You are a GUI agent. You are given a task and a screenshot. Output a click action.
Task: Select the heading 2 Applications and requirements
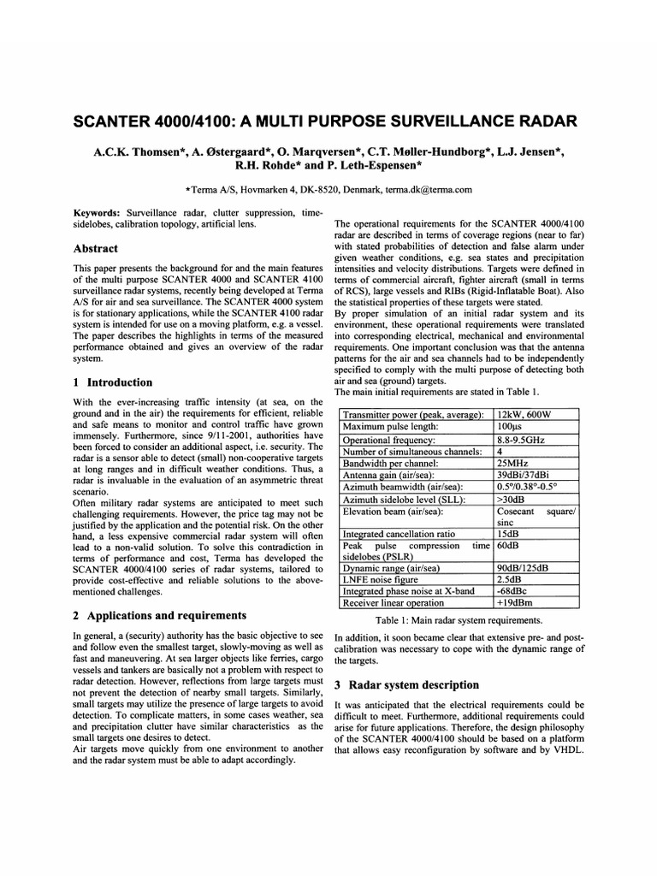160,615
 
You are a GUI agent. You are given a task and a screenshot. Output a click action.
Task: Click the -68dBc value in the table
513,591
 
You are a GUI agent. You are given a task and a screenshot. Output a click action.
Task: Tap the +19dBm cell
516,603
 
